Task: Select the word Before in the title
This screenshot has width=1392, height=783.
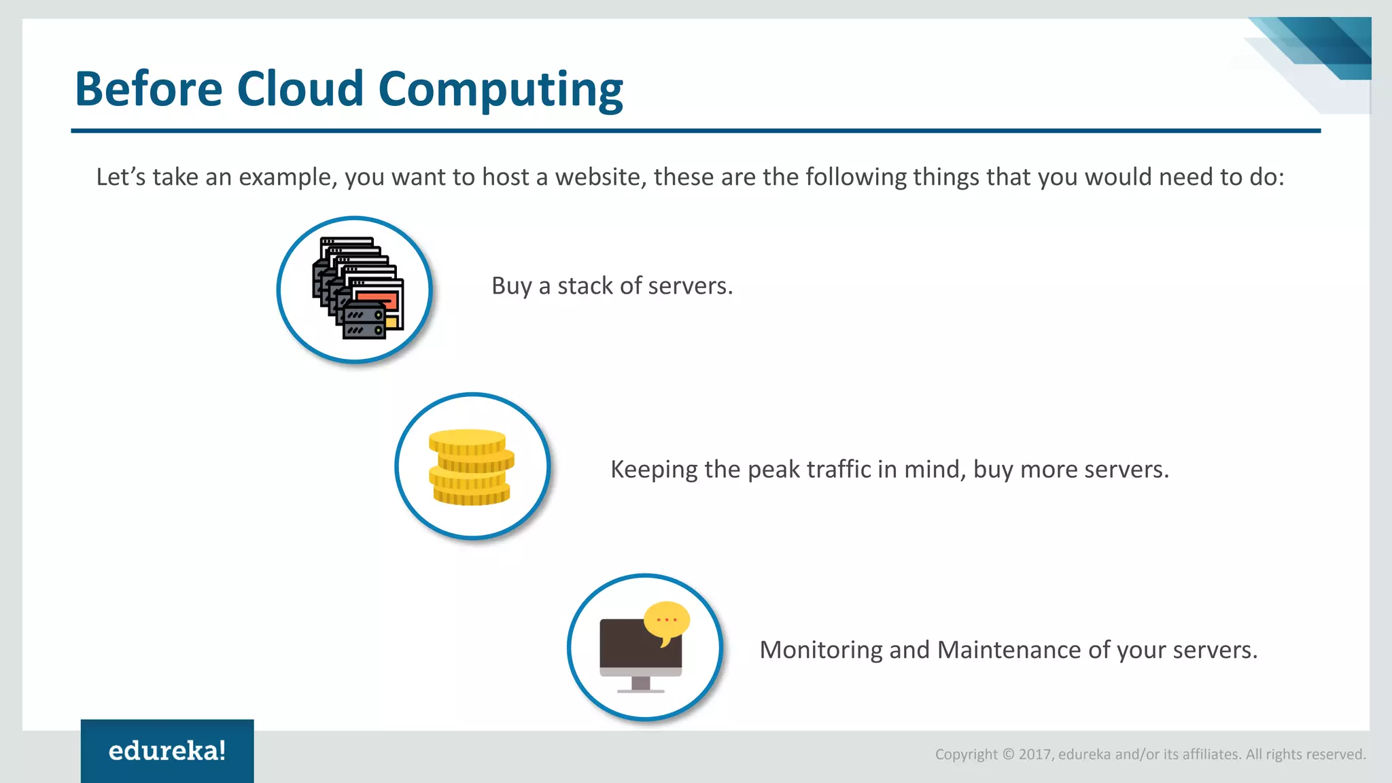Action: (148, 89)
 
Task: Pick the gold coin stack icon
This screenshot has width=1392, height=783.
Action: (471, 467)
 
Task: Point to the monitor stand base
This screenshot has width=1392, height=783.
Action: (640, 690)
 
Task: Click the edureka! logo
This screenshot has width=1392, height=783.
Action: (167, 751)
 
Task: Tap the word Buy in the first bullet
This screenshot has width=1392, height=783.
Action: (511, 286)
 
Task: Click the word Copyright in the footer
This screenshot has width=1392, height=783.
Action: (966, 754)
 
